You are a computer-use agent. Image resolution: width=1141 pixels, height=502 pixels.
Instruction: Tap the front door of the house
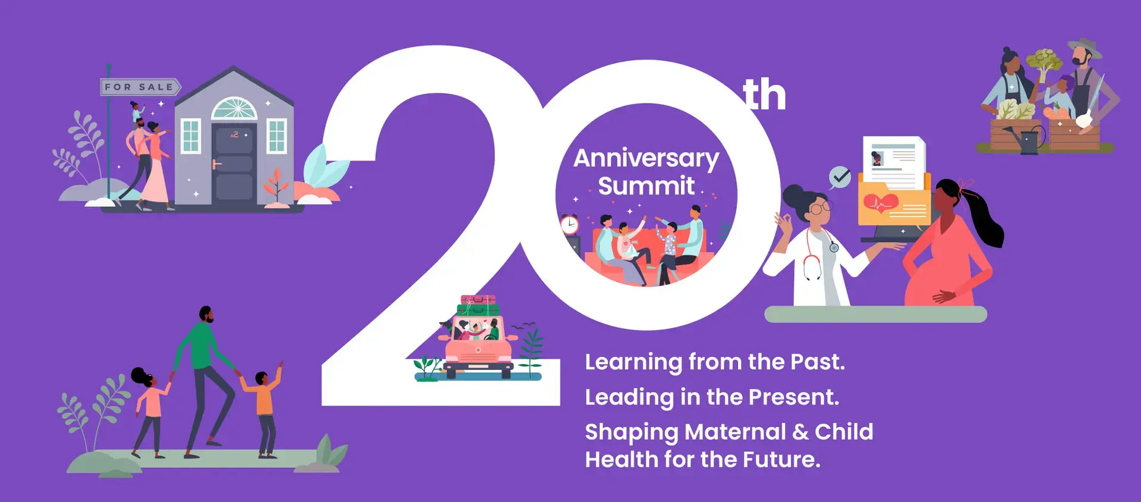pos(234,164)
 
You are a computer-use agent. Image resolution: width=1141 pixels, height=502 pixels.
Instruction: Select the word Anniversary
pos(646,159)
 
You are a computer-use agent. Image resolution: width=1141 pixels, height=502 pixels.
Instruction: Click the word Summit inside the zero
pos(646,186)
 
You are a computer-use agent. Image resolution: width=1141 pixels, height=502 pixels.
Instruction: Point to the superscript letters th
pos(764,95)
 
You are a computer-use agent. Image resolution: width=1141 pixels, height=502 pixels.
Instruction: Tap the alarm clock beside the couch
pos(569,224)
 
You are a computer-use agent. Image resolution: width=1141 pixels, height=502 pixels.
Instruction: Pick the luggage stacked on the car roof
pos(478,305)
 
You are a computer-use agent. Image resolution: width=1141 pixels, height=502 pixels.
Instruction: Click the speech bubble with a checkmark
pos(840,177)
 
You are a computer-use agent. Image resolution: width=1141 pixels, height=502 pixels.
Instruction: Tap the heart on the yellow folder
pos(881,203)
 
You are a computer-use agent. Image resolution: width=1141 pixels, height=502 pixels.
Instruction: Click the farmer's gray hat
pos(1085,48)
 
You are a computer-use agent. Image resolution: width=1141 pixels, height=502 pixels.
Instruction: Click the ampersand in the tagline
pos(800,432)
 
